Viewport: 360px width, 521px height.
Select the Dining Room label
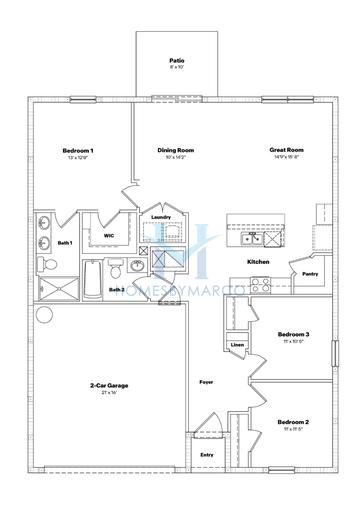click(x=175, y=151)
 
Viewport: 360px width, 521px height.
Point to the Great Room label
click(x=285, y=151)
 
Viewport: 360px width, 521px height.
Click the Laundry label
click(x=160, y=217)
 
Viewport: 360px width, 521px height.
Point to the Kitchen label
click(x=259, y=262)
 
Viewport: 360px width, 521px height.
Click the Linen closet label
click(x=237, y=345)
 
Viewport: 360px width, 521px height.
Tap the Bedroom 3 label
click(x=293, y=334)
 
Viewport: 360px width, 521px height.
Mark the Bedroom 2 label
click(x=293, y=422)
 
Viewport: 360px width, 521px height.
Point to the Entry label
click(x=207, y=455)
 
